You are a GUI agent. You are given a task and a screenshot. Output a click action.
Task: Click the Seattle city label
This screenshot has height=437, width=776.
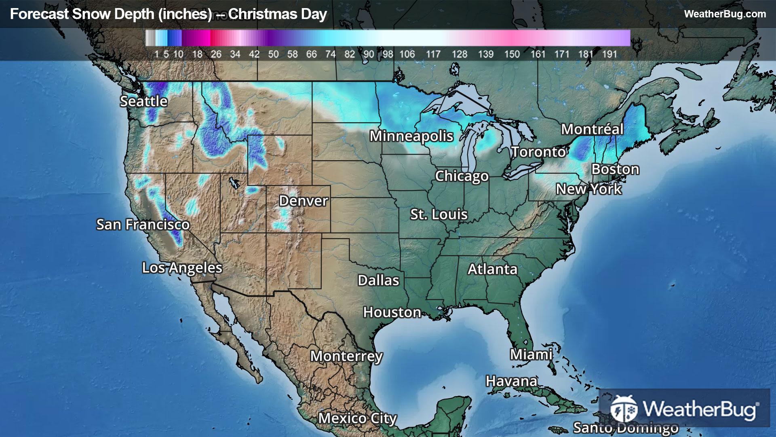click(x=143, y=101)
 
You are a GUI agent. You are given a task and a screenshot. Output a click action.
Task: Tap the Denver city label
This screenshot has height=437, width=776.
click(x=303, y=201)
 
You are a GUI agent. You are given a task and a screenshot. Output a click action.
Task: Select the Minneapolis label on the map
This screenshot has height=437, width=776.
click(x=411, y=136)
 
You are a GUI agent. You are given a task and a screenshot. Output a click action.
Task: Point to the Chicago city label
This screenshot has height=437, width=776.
click(x=462, y=176)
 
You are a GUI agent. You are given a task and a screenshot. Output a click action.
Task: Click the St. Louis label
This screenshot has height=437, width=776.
click(x=439, y=214)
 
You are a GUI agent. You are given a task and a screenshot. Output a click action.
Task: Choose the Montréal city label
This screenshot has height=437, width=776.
click(x=592, y=129)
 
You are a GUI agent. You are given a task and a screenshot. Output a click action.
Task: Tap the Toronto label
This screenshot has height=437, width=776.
click(x=538, y=152)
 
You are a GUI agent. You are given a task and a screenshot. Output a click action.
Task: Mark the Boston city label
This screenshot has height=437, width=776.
click(x=615, y=169)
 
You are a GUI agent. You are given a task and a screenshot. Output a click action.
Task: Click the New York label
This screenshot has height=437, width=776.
click(x=588, y=189)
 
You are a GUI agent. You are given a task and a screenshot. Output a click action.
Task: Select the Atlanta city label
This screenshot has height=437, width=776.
click(x=492, y=269)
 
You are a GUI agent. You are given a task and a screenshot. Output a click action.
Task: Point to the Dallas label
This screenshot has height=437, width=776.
click(x=378, y=280)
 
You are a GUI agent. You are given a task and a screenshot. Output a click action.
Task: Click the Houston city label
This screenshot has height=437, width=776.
click(x=392, y=312)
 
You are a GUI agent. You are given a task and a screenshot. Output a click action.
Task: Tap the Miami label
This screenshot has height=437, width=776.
click(x=531, y=354)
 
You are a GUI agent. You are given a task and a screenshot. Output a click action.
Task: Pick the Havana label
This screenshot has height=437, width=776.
click(x=511, y=381)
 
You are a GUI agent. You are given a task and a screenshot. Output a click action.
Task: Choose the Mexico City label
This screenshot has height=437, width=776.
click(x=357, y=418)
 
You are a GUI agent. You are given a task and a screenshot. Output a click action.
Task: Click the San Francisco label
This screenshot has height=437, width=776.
click(x=143, y=224)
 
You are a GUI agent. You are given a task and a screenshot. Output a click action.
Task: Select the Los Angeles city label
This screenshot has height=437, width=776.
click(x=182, y=267)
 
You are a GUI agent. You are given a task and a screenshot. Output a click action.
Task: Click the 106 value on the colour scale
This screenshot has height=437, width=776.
click(x=407, y=54)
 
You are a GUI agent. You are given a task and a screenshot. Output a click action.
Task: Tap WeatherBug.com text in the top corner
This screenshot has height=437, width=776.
click(x=725, y=14)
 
